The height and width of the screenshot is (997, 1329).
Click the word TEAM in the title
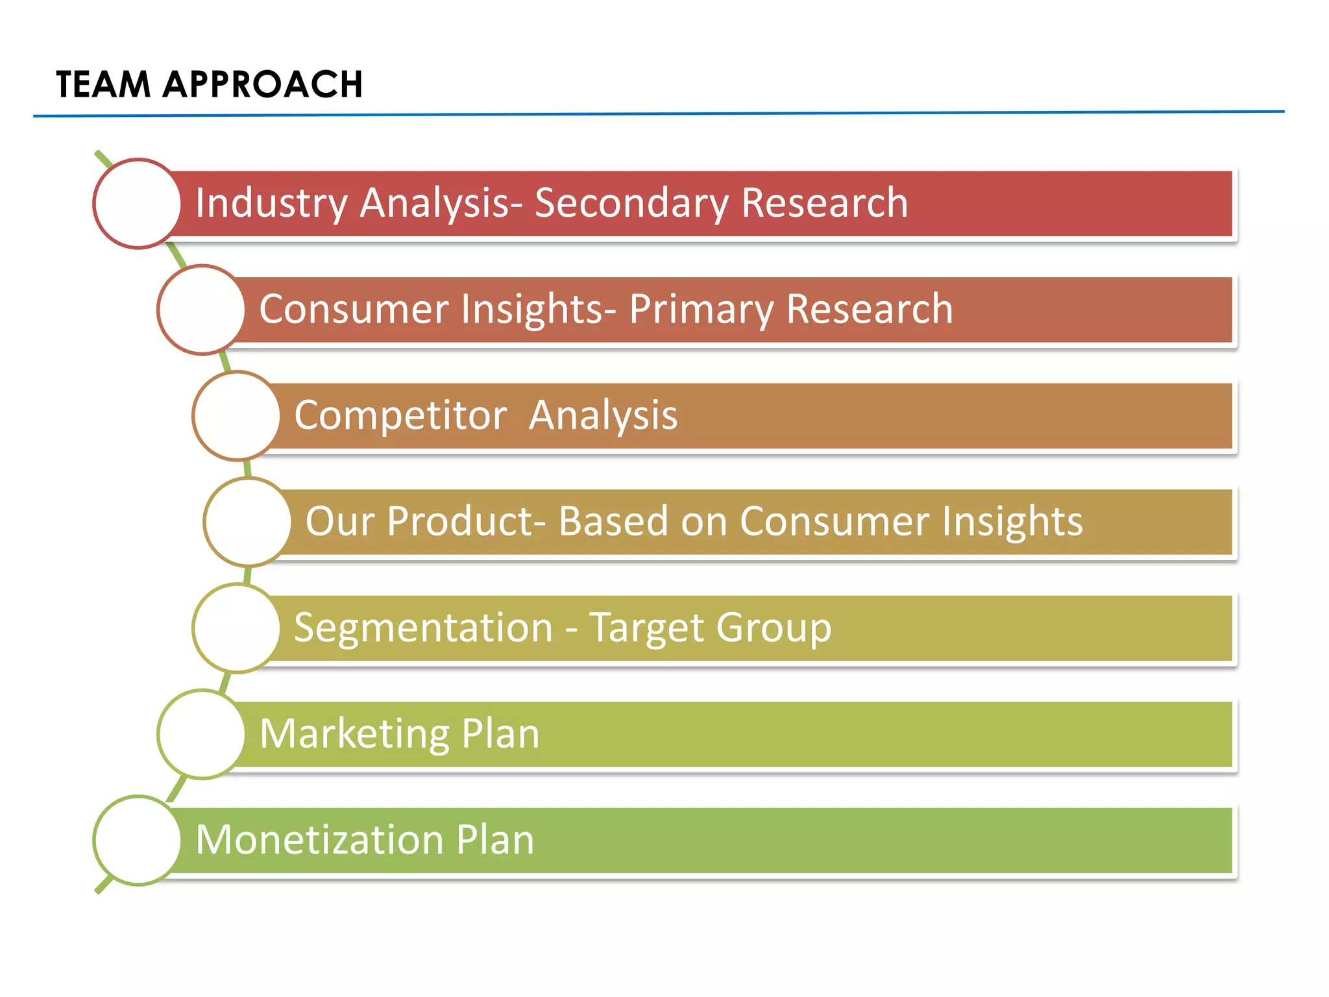[x=103, y=85]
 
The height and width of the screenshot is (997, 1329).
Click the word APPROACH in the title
[x=262, y=85]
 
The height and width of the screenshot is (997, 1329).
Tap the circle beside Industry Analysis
[x=137, y=204]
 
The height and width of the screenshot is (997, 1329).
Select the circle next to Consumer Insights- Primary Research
[x=201, y=310]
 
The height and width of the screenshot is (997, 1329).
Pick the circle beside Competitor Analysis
[x=236, y=416]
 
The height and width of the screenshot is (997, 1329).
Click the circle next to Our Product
[x=247, y=522]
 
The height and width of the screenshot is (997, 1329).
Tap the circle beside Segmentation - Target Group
[x=236, y=628]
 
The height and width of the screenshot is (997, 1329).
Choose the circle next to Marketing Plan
[x=201, y=734]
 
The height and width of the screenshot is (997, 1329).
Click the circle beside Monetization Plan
[x=137, y=841]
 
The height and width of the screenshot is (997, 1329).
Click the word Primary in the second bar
[x=701, y=309]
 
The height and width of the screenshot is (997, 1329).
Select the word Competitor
[x=400, y=415]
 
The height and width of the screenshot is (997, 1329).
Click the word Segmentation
[x=423, y=628]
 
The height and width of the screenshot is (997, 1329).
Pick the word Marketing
[x=354, y=734]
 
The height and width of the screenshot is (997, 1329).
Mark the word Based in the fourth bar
[x=613, y=521]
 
